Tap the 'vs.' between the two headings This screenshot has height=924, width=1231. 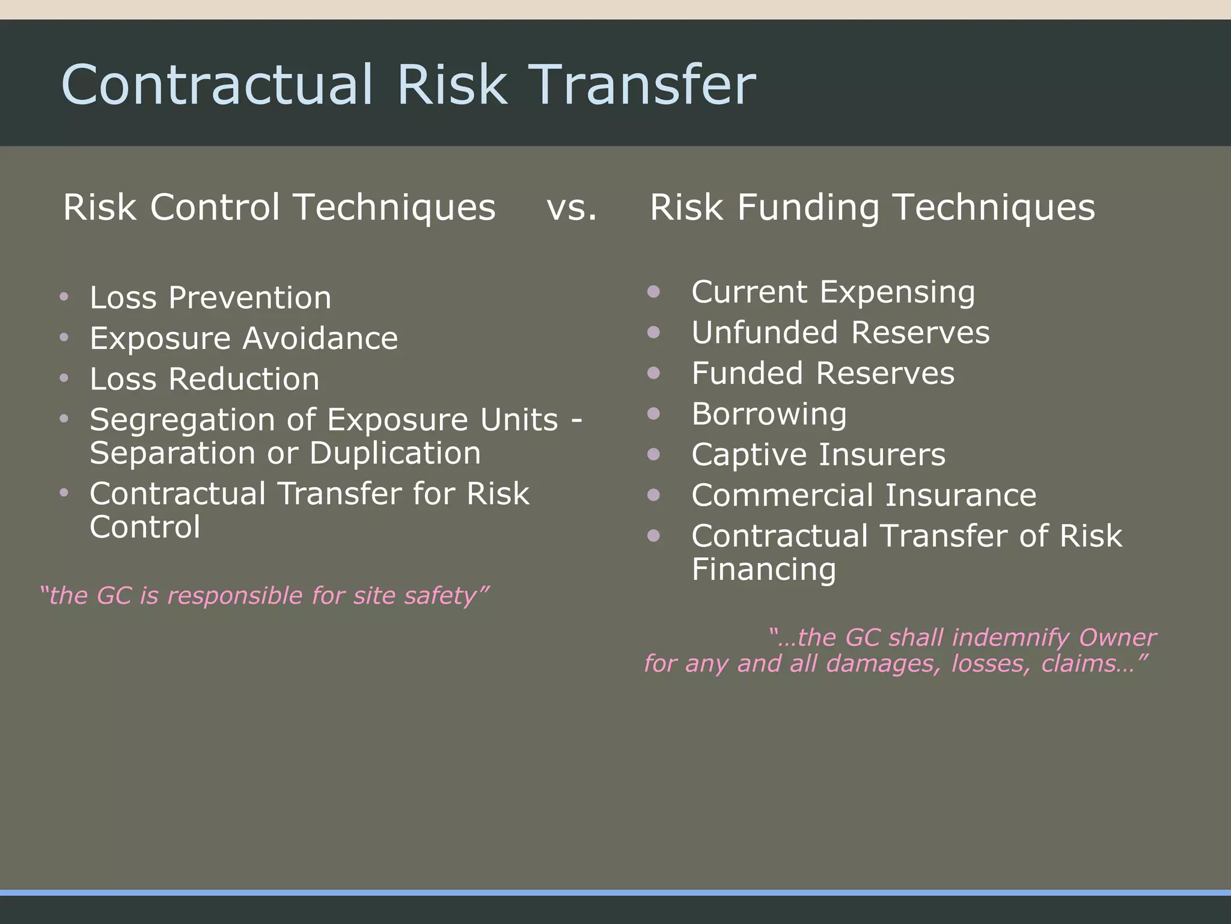tap(572, 208)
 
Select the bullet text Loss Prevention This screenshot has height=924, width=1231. tap(210, 298)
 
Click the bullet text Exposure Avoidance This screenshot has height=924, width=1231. tap(243, 338)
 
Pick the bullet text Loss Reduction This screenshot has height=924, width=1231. tap(204, 379)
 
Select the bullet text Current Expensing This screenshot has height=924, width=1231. tap(832, 292)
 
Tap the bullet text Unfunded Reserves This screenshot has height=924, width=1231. tap(840, 333)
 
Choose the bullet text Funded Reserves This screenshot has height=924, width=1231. tap(822, 373)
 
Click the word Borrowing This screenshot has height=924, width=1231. tap(769, 414)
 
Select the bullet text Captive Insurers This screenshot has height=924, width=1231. tap(818, 455)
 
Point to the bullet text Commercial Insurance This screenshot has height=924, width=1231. tap(863, 496)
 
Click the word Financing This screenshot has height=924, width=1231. tap(763, 569)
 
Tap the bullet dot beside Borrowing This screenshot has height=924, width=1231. tap(654, 413)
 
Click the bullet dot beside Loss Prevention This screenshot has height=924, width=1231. tap(64, 297)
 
